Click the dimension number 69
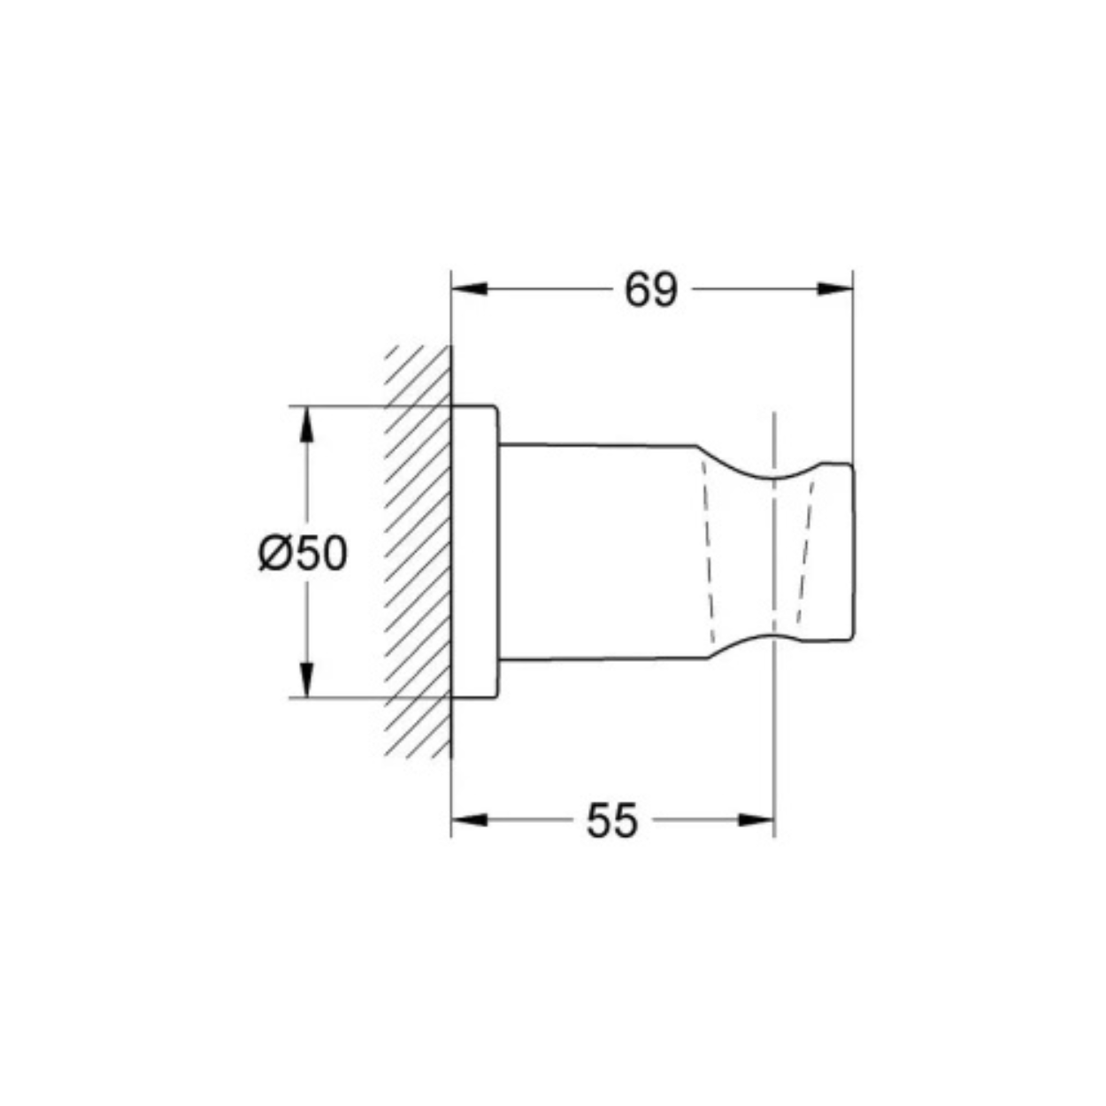coord(651,290)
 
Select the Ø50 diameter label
coord(303,553)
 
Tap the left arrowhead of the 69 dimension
coord(470,289)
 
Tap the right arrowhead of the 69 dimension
coord(835,289)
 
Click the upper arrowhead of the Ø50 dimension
coord(307,424)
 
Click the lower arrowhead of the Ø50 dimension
coord(307,680)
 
